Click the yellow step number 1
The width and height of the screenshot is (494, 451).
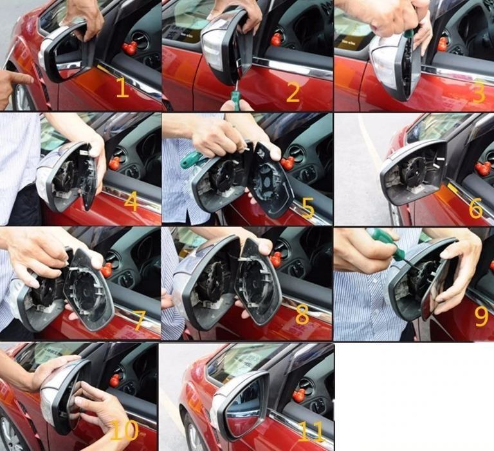(x=123, y=87)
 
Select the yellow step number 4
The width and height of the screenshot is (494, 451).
(x=131, y=202)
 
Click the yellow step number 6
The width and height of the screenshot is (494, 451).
(x=475, y=208)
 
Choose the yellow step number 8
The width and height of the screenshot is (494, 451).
(x=302, y=315)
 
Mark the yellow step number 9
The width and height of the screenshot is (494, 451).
(x=481, y=317)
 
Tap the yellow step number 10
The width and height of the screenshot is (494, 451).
(x=125, y=430)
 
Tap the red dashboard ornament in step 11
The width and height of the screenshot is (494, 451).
(x=299, y=396)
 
